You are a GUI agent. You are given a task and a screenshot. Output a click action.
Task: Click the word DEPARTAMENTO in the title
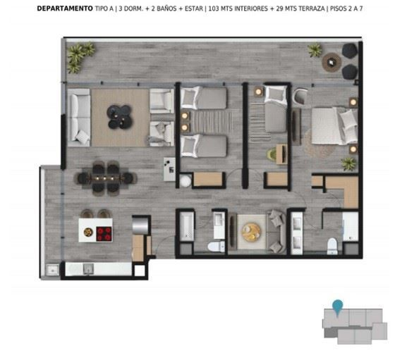click(x=65, y=8)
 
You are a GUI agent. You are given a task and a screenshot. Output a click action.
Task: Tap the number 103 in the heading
click(x=213, y=8)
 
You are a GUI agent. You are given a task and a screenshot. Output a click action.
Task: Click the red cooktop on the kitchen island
click(x=104, y=234)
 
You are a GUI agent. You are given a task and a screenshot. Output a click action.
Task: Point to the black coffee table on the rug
click(x=119, y=117)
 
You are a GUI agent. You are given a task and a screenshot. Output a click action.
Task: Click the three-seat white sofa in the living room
click(x=79, y=117)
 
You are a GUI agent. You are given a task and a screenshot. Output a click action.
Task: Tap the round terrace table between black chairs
click(x=332, y=62)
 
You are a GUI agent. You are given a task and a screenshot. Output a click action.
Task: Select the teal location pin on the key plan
click(x=337, y=307)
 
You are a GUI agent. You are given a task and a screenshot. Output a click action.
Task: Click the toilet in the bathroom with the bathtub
click(x=216, y=246)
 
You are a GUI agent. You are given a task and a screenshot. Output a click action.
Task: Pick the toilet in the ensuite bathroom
click(x=332, y=246)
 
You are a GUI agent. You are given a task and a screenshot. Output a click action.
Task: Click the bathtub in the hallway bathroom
click(x=186, y=226)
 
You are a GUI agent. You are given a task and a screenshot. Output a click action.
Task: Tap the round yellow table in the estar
click(x=251, y=232)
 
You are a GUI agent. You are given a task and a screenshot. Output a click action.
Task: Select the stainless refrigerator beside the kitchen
click(x=140, y=225)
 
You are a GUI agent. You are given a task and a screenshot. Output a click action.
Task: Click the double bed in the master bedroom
click(x=334, y=126)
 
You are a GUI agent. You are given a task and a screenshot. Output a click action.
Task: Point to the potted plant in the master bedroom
click(x=349, y=164)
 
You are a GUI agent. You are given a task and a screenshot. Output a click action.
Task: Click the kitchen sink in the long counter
click(x=88, y=269)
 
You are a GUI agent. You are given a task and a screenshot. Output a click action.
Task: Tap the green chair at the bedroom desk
click(x=272, y=154)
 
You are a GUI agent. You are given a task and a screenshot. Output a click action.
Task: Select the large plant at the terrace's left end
click(x=80, y=56)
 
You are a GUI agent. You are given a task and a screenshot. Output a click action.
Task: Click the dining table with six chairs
click(x=105, y=178)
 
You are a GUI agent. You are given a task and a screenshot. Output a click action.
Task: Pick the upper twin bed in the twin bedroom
click(x=204, y=98)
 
